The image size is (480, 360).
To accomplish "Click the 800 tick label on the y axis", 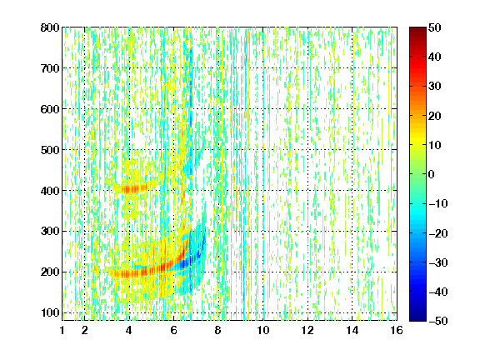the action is tap(50, 27).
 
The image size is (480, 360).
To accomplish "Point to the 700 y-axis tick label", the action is tap(50, 68).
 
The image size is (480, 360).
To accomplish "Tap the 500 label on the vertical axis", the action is tap(50, 150).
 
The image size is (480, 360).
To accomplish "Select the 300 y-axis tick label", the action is tap(50, 232).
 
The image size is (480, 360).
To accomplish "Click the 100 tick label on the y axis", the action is tap(50, 312).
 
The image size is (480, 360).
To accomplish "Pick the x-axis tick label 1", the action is tap(62, 330).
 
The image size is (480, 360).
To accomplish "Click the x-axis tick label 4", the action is tap(129, 330).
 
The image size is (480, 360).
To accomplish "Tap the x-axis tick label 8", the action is tap(218, 330).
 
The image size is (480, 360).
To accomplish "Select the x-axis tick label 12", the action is tap(307, 330).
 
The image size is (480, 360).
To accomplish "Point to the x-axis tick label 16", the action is tap(397, 330).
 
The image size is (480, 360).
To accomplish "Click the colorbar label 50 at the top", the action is tap(434, 27).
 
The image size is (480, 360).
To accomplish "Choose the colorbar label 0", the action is tap(432, 174).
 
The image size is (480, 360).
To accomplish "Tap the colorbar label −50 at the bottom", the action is tap(437, 321).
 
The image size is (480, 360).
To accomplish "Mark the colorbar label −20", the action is tap(437, 233).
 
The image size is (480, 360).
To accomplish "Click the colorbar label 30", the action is tap(434, 87).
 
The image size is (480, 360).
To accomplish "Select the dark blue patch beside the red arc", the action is tap(192, 258).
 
